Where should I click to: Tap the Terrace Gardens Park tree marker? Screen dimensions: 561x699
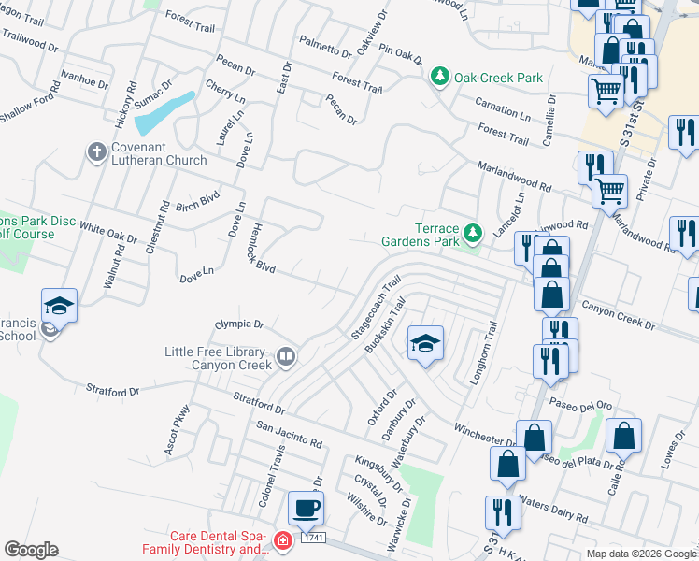click(x=473, y=231)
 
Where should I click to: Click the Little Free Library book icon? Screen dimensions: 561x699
click(x=286, y=355)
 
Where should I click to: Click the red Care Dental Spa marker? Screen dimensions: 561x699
click(x=282, y=541)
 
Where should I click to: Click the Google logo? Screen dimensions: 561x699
click(x=31, y=549)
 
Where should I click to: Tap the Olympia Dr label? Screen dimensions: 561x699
click(x=240, y=325)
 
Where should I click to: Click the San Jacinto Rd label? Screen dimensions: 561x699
click(x=289, y=433)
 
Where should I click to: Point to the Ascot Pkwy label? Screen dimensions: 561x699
click(x=177, y=429)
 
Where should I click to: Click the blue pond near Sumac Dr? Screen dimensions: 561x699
click(x=164, y=112)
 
